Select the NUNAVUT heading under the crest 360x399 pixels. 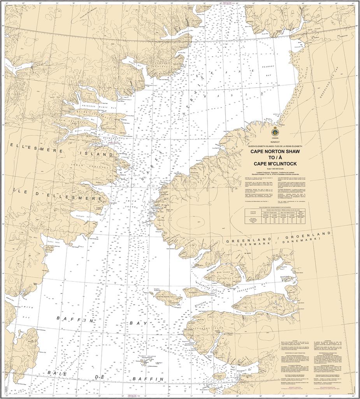point(275,143)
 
